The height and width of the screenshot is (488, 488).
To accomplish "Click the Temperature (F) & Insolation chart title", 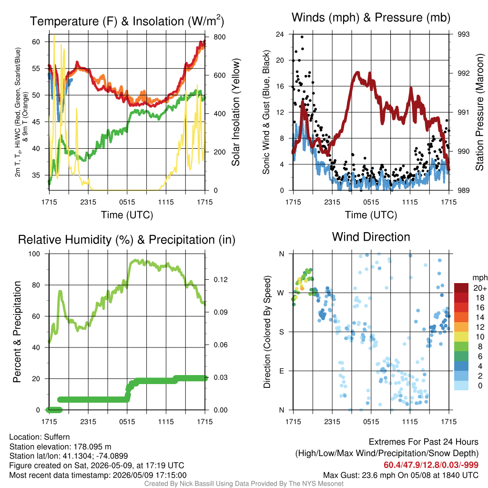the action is [127, 21].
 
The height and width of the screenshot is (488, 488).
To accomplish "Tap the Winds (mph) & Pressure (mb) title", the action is [371, 18].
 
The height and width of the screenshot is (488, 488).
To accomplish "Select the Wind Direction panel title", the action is [371, 237].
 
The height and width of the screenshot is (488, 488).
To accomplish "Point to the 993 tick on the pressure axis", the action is [463, 34].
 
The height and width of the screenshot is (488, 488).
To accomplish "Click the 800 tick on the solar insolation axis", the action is [220, 37].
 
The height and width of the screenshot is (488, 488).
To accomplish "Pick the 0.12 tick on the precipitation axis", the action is [221, 279].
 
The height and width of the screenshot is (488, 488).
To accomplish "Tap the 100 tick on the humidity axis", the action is [34, 254].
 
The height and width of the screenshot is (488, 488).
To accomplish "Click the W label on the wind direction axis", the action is [281, 293].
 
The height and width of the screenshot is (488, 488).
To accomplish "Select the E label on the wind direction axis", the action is [282, 371].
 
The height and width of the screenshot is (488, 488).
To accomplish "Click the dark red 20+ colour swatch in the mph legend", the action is [461, 288].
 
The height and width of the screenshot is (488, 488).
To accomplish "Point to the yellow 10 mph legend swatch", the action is [461, 337].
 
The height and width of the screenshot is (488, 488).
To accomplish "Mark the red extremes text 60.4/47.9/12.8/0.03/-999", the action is [431, 465].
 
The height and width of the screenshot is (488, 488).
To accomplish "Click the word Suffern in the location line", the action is [57, 437].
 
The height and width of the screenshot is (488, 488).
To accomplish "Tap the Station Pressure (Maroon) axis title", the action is [479, 112].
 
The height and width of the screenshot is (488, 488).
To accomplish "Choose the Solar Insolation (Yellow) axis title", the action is [236, 112].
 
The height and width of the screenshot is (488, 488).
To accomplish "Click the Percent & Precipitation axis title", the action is [17, 332].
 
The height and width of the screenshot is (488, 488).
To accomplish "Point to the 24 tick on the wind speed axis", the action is [280, 34].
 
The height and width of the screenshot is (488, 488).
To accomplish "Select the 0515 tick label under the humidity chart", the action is [127, 422].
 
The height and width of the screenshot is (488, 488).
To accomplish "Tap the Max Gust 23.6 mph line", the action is [400, 475].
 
